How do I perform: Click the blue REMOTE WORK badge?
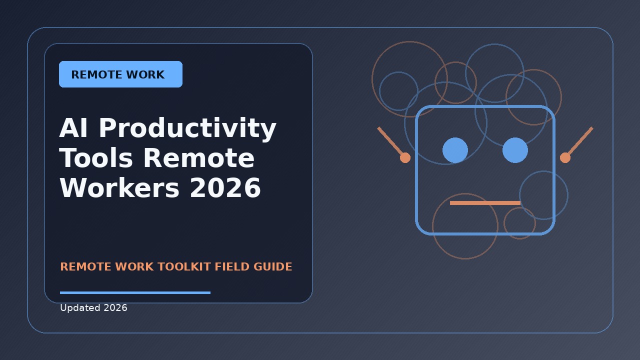click(120, 74)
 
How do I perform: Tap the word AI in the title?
click(73, 127)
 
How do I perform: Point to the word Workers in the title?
click(119, 187)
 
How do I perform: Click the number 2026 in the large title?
click(225, 187)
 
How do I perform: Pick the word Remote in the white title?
click(199, 158)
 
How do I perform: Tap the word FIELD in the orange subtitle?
click(232, 266)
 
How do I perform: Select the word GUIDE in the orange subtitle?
click(272, 266)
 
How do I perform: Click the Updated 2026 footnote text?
click(93, 308)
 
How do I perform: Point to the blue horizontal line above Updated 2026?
click(135, 292)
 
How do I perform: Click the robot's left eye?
click(455, 150)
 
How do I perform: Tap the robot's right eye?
click(515, 150)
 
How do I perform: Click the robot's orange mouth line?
click(485, 203)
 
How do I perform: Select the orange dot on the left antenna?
click(405, 157)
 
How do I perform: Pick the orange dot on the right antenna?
click(565, 157)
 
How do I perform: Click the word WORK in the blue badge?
click(145, 74)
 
